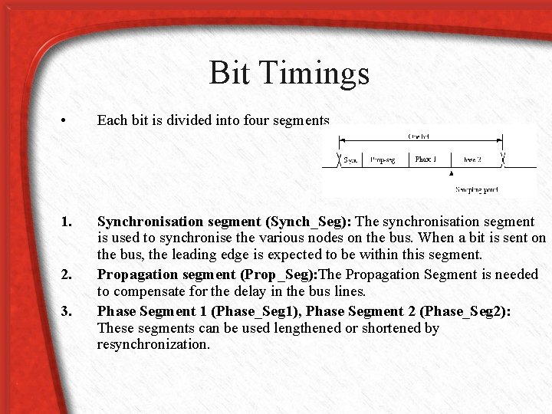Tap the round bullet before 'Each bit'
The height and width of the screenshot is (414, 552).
point(68,121)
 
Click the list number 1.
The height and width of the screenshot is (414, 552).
point(66,222)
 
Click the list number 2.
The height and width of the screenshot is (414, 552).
point(66,274)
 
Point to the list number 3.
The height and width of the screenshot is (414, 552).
point(66,311)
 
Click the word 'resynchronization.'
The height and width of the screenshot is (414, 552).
point(153,344)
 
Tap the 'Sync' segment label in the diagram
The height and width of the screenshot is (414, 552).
point(351,160)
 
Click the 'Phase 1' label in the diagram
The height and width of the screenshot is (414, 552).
point(426,159)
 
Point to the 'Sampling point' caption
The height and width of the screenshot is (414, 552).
point(477,189)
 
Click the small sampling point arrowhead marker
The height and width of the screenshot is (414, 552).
point(451,174)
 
